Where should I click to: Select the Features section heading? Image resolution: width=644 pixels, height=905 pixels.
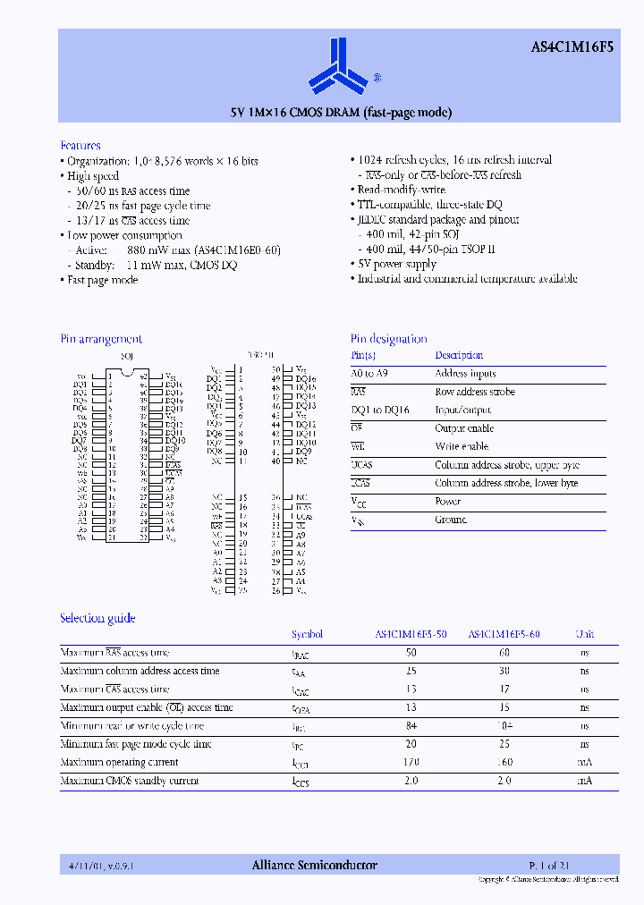click(x=80, y=145)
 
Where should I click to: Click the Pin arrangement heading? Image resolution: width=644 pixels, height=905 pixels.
click(x=101, y=339)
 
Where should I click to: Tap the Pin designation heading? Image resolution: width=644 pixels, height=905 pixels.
click(x=388, y=339)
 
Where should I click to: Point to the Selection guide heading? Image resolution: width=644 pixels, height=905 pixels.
click(x=97, y=618)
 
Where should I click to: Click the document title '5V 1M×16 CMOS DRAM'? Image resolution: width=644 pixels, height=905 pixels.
click(x=341, y=113)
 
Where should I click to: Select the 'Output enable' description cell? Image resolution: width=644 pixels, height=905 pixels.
click(x=464, y=428)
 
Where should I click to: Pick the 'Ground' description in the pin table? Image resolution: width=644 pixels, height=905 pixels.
click(x=451, y=520)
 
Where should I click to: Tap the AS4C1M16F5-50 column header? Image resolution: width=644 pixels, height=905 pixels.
click(x=411, y=634)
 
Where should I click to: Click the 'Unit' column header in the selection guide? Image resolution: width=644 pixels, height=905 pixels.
click(x=584, y=634)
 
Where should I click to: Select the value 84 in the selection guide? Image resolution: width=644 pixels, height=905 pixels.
click(x=411, y=726)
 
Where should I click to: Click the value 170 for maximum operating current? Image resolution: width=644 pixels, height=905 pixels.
click(x=411, y=763)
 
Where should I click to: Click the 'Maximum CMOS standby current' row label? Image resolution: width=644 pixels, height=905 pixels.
click(x=129, y=781)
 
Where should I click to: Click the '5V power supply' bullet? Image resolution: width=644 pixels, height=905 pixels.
click(x=397, y=264)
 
